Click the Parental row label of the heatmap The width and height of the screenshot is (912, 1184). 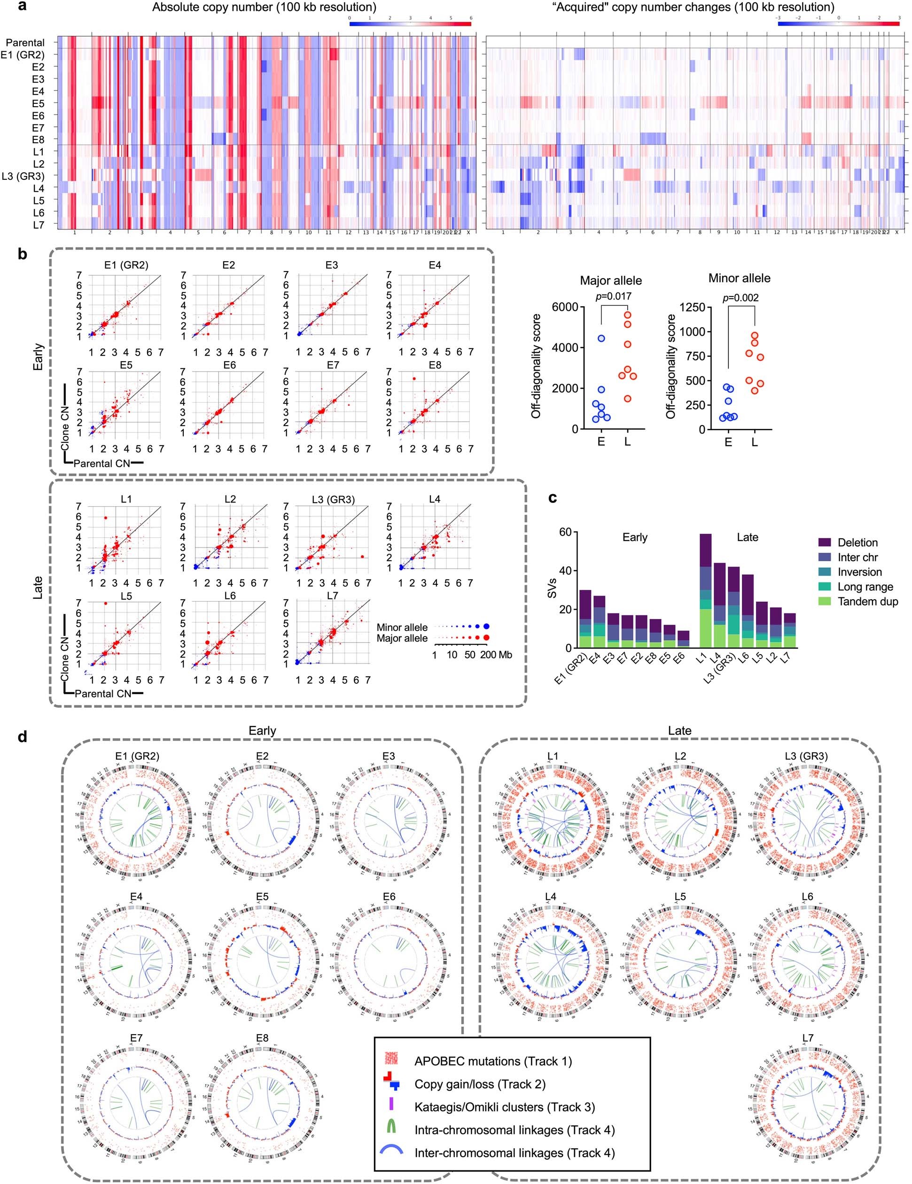point(25,42)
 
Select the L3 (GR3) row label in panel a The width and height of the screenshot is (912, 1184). point(23,176)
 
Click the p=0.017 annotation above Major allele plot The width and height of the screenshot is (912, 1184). point(613,296)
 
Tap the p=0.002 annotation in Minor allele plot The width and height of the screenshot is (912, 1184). point(741,298)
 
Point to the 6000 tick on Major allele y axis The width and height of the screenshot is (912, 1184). point(564,307)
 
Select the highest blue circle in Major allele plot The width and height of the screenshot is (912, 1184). point(601,338)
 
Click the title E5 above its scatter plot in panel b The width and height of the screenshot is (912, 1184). point(126,365)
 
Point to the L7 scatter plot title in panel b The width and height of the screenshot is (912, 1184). point(333,596)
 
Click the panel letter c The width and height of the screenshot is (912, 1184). point(553,498)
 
